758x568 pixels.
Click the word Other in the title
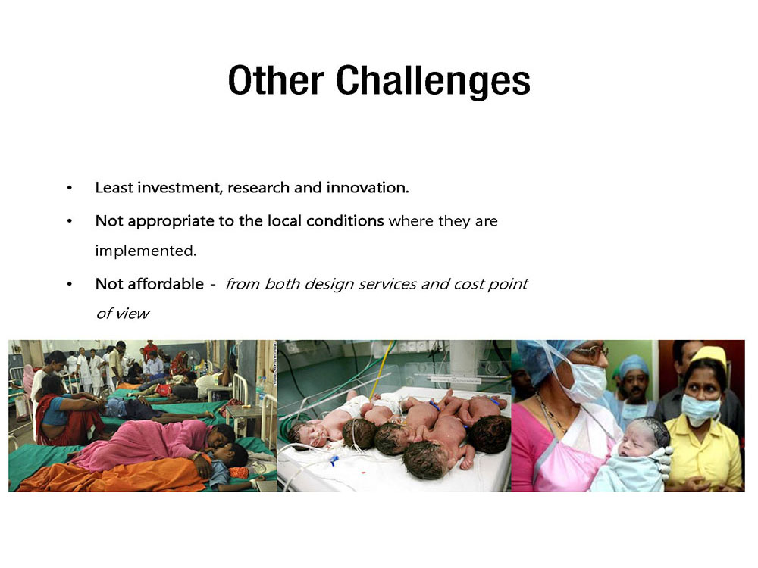(276, 80)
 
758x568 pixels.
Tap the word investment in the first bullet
(180, 187)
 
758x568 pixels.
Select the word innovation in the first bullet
(368, 187)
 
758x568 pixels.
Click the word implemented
(146, 251)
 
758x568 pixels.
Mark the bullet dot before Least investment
(70, 188)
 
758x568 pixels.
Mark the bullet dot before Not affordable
(70, 284)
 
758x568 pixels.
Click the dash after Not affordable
(213, 285)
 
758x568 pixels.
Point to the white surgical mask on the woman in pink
(586, 382)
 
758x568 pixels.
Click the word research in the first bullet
(258, 187)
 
